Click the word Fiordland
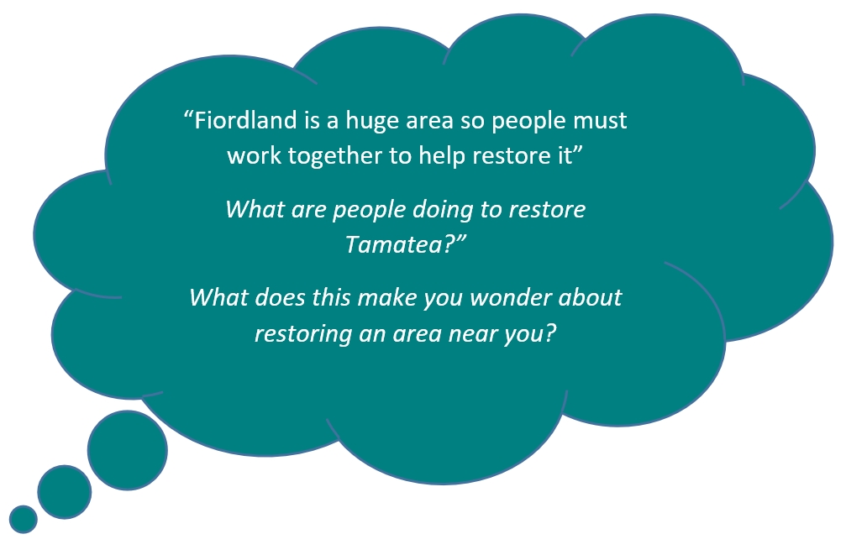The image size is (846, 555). pyautogui.click(x=245, y=120)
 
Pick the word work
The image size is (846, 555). pyautogui.click(x=254, y=156)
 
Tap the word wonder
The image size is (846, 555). pyautogui.click(x=511, y=298)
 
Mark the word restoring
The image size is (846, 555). pyautogui.click(x=303, y=334)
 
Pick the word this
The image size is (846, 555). pyautogui.click(x=332, y=298)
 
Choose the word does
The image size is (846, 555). pyautogui.click(x=280, y=298)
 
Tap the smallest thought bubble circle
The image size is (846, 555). pyautogui.click(x=24, y=520)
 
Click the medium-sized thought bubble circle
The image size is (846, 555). pyautogui.click(x=64, y=492)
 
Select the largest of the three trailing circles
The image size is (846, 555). pyautogui.click(x=128, y=450)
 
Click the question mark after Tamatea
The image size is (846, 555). pyautogui.click(x=449, y=245)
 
